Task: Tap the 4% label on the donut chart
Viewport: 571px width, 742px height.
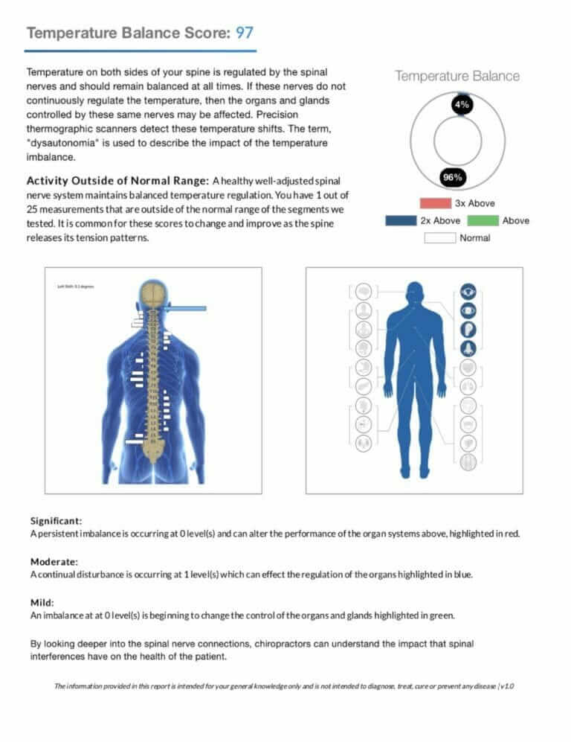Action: pyautogui.click(x=461, y=105)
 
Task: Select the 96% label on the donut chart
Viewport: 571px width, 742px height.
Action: pyautogui.click(x=453, y=177)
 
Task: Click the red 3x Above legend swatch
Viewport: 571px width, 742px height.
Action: pyautogui.click(x=435, y=203)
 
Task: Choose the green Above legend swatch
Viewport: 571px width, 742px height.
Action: pyautogui.click(x=483, y=220)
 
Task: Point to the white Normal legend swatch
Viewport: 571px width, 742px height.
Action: pyautogui.click(x=439, y=238)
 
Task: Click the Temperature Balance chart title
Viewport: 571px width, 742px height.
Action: pyautogui.click(x=457, y=76)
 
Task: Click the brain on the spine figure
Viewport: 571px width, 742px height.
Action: pyautogui.click(x=154, y=293)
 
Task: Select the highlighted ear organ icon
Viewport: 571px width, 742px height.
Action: pyautogui.click(x=468, y=329)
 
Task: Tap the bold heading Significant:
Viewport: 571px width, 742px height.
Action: pyautogui.click(x=56, y=520)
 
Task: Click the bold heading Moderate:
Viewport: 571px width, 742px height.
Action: pyautogui.click(x=53, y=561)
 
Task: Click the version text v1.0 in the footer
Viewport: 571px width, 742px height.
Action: pyautogui.click(x=506, y=685)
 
